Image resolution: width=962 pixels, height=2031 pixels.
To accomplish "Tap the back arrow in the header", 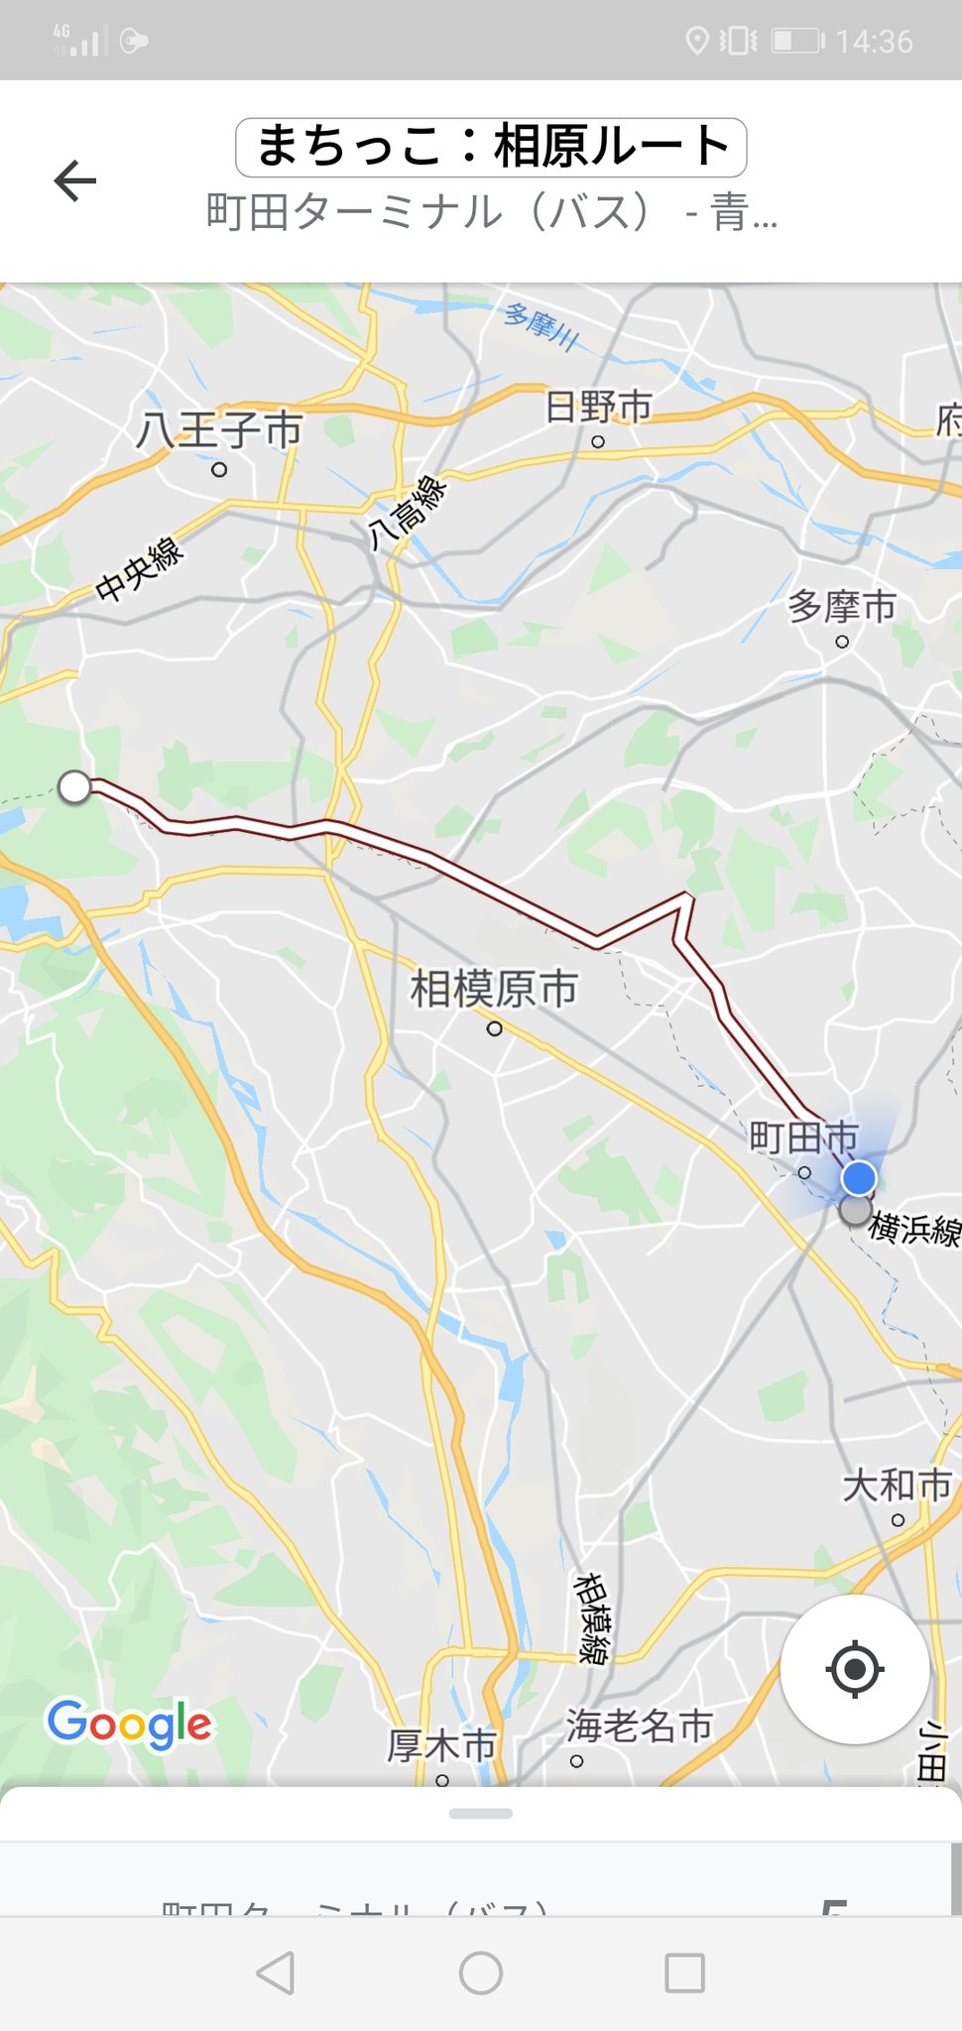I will click(x=75, y=181).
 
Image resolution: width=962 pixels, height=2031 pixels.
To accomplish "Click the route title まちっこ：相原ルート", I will click(x=491, y=147).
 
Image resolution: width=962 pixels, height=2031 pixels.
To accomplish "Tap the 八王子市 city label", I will click(x=219, y=430).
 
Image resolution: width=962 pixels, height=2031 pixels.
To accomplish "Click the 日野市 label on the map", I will click(x=599, y=407).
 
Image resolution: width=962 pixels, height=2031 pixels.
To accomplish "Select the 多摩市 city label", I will click(x=841, y=606).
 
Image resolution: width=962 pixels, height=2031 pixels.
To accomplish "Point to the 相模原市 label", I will click(x=494, y=989).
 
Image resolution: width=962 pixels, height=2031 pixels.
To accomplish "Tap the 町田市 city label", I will click(x=802, y=1137).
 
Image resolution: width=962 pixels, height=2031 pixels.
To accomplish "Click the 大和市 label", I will click(x=897, y=1486).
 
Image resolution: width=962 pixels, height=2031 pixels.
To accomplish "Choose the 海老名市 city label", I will click(x=639, y=1727).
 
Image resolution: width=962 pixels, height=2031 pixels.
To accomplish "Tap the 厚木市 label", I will click(x=441, y=1746).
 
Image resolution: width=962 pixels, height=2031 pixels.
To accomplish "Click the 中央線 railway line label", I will click(x=140, y=569).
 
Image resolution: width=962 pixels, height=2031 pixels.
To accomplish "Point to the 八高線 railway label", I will click(x=407, y=512).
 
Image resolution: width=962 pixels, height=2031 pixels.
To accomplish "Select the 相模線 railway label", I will click(x=592, y=1617).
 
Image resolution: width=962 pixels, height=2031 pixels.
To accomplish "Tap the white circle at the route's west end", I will click(x=75, y=787).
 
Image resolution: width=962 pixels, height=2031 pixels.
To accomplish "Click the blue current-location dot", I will click(x=859, y=1178).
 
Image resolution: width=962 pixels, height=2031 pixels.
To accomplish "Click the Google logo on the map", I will click(x=129, y=1725).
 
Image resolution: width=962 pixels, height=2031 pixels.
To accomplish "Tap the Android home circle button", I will click(x=481, y=1973).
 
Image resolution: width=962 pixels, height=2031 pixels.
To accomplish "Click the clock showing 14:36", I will click(x=874, y=42).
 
